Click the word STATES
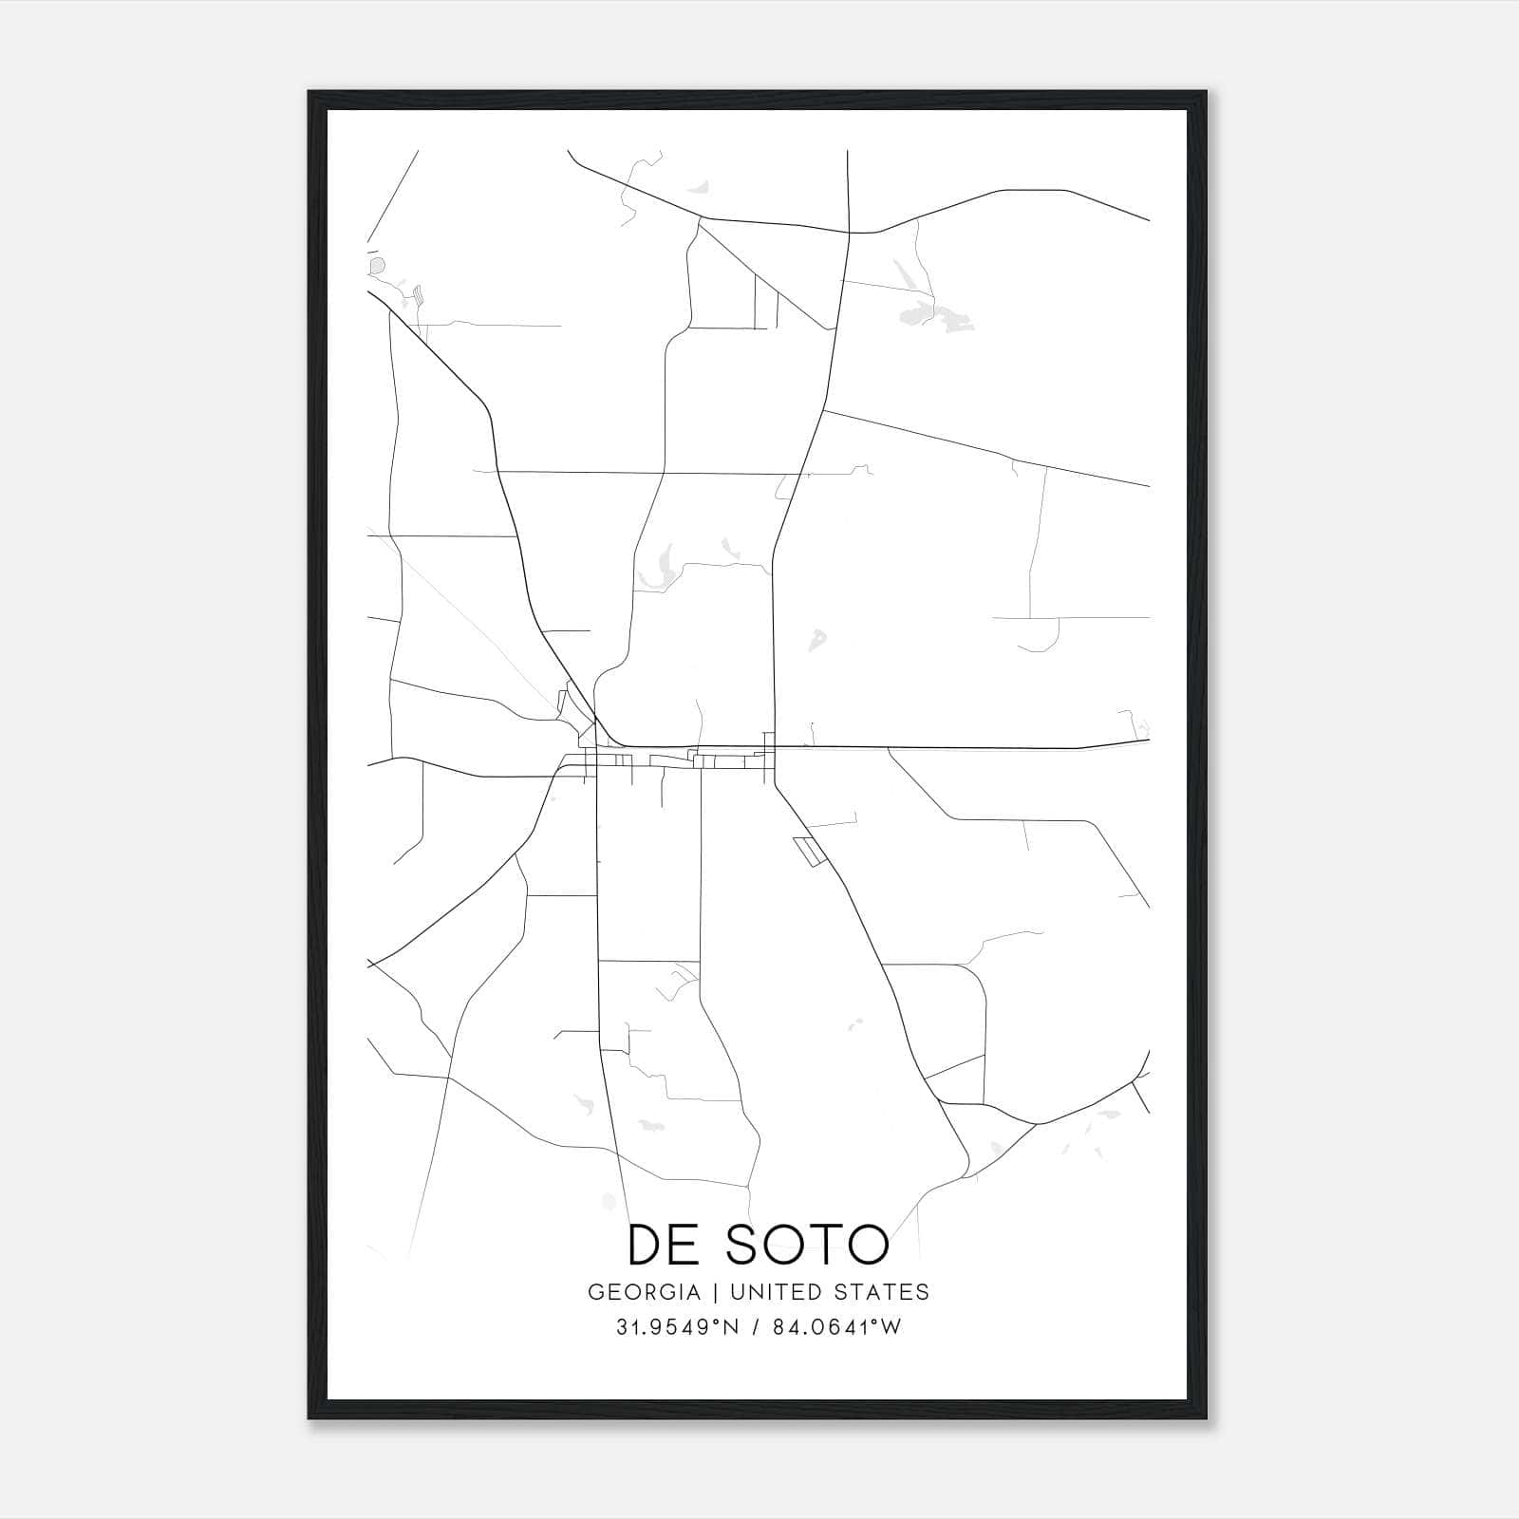[881, 1292]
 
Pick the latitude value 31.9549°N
[677, 1327]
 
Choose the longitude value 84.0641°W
[836, 1327]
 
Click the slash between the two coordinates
[756, 1327]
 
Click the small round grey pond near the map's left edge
[378, 265]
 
